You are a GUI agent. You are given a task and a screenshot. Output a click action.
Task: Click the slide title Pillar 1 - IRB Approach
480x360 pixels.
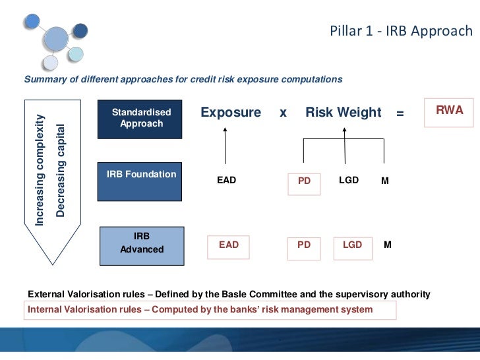pos(402,32)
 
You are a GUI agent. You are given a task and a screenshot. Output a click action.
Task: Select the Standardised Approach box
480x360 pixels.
pos(140,119)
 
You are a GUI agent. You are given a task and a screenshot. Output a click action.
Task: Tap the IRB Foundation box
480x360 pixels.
pos(140,181)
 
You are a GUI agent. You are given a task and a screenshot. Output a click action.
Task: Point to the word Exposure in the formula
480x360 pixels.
pos(231,113)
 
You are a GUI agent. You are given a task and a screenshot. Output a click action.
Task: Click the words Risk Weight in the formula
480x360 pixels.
pos(343,113)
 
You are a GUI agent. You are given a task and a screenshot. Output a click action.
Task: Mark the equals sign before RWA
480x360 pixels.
pos(400,113)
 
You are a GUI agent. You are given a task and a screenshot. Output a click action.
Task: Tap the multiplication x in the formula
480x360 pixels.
pos(283,113)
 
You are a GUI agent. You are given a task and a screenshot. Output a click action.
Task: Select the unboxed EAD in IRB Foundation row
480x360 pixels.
pos(226,180)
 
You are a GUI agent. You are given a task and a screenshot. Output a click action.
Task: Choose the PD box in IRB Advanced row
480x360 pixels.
pos(304,245)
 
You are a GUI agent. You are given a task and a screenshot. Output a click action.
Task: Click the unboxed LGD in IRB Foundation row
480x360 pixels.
pos(349,180)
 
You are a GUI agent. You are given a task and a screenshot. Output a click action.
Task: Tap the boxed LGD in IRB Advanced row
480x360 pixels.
pos(353,245)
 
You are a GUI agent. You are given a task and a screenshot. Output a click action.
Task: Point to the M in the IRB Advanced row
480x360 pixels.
pos(388,245)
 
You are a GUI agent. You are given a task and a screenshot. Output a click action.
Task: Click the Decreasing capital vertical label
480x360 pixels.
pos(61,170)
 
